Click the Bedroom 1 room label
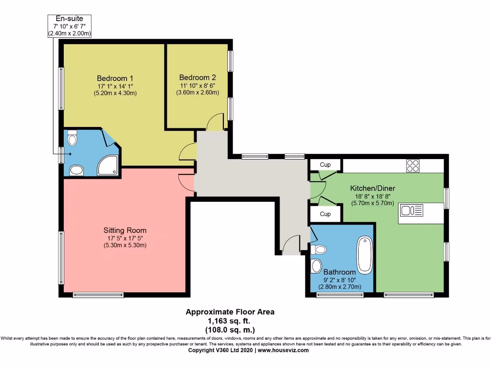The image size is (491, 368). click(115, 78)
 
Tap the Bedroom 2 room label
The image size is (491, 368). click(198, 77)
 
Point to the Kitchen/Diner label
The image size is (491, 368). click(373, 188)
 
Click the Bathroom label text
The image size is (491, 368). click(339, 272)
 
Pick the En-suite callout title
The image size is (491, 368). click(70, 19)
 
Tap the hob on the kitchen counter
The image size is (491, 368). click(412, 165)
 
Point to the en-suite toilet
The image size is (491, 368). click(72, 139)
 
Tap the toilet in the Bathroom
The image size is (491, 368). click(318, 249)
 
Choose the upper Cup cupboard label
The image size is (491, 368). click(325, 165)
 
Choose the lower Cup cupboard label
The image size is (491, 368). click(325, 214)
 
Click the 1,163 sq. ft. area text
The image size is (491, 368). click(230, 321)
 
